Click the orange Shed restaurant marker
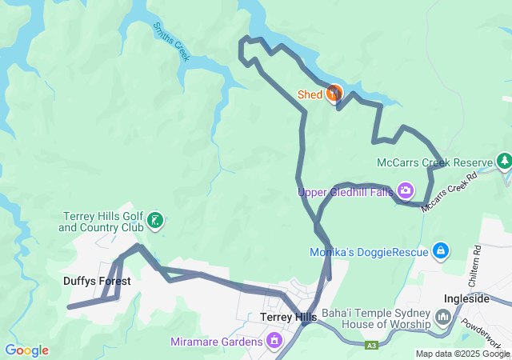point(334,94)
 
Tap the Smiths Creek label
point(171,41)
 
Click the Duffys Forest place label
point(97,281)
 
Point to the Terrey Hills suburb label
point(289,317)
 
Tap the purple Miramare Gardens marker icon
point(274,342)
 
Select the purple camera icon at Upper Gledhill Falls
point(406,190)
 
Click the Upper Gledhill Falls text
point(346,192)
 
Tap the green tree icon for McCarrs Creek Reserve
point(504,162)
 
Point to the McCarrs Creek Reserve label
point(434,163)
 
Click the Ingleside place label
point(466,298)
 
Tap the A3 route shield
point(371,346)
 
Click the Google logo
point(26,350)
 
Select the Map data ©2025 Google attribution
point(462,354)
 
